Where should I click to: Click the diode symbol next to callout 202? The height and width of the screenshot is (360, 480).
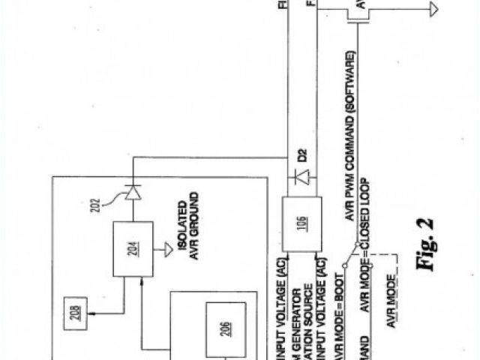133,193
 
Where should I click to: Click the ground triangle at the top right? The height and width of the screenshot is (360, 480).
433,9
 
